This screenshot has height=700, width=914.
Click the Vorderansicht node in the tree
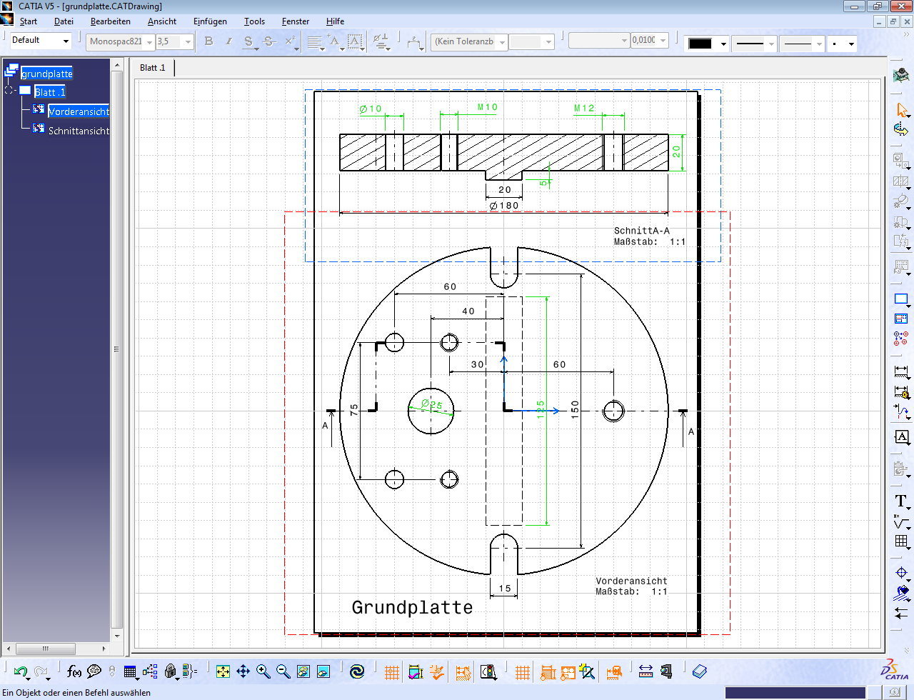point(78,111)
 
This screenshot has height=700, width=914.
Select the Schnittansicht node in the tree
point(79,131)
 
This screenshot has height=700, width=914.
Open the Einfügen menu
point(210,21)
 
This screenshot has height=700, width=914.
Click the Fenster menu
point(295,21)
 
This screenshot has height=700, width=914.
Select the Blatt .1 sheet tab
point(152,68)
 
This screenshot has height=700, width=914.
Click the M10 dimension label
point(487,107)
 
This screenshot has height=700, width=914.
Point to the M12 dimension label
point(584,108)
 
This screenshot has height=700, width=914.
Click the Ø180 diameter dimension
point(504,206)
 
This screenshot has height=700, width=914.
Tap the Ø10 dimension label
point(371,109)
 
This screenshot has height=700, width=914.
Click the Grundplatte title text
point(412,607)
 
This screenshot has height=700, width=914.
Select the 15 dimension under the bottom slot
point(505,589)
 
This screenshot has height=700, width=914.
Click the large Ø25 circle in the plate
point(431,421)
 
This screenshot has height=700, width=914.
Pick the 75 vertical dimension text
point(354,410)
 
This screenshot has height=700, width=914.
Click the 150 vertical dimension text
point(575,409)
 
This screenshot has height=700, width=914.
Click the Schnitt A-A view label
point(641,231)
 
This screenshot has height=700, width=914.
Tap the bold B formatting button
point(209,41)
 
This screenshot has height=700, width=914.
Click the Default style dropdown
point(41,41)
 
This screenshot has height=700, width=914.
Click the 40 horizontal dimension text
point(468,311)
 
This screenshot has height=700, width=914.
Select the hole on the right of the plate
point(613,411)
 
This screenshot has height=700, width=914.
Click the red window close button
point(901,6)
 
